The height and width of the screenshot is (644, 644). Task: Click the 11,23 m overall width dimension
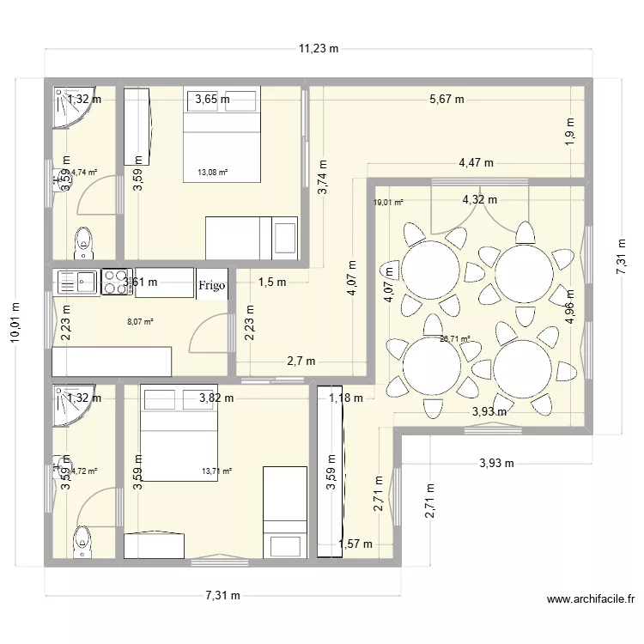pyautogui.click(x=319, y=49)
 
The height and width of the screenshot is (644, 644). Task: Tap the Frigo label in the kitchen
pyautogui.click(x=212, y=284)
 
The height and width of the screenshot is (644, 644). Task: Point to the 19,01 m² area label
pyautogui.click(x=387, y=204)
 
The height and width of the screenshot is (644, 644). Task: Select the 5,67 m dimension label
pyautogui.click(x=447, y=99)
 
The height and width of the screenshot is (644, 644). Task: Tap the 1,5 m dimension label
pyautogui.click(x=272, y=282)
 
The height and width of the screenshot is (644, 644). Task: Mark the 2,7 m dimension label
pyautogui.click(x=301, y=361)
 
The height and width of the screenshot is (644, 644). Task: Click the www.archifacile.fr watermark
pyautogui.click(x=592, y=600)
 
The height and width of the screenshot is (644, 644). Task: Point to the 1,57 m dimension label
pyautogui.click(x=355, y=544)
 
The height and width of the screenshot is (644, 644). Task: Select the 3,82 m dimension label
pyautogui.click(x=216, y=398)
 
